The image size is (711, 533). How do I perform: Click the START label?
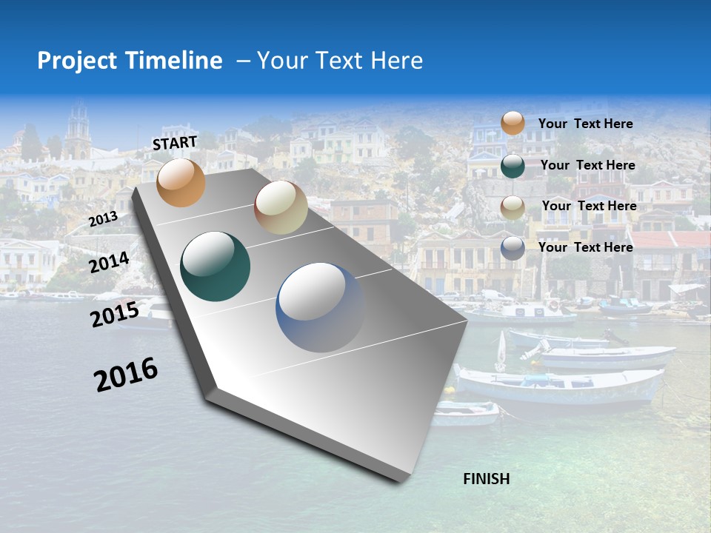click(175, 143)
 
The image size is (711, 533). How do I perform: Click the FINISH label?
click(487, 479)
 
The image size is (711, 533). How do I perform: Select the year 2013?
click(103, 219)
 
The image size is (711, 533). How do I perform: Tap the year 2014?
click(110, 262)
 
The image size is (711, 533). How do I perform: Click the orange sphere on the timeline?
click(181, 182)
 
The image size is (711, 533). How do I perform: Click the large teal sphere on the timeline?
click(216, 266)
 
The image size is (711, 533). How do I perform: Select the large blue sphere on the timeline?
click(319, 306)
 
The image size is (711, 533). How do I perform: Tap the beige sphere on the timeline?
click(281, 207)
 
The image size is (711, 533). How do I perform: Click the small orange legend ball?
click(513, 123)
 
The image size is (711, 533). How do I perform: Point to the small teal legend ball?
click(513, 166)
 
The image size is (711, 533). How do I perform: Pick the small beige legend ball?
click(513, 207)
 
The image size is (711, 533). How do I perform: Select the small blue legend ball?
click(513, 248)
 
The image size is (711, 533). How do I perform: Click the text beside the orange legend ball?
click(585, 124)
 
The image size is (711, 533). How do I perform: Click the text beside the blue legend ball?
click(585, 247)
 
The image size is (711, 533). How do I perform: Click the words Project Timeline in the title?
click(130, 61)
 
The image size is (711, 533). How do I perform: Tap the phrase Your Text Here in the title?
click(340, 61)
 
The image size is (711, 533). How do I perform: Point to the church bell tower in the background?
click(78, 130)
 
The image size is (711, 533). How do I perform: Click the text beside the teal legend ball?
click(587, 165)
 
